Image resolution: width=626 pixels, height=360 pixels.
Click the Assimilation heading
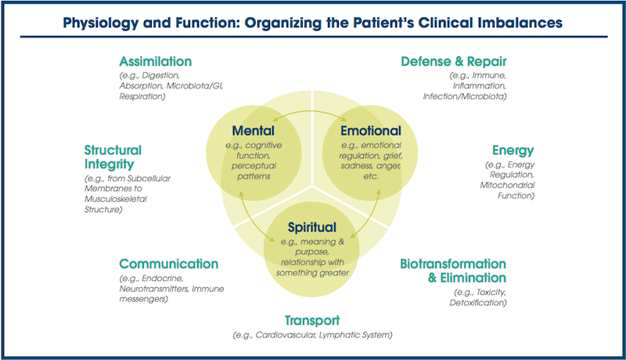[x=155, y=61]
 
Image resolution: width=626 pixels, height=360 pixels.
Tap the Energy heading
[x=513, y=149]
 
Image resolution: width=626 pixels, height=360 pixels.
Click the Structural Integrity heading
[x=113, y=157]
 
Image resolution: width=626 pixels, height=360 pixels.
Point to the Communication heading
[x=168, y=264]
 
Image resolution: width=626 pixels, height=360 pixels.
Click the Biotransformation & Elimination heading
[x=453, y=271]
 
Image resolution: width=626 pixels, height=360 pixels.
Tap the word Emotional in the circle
[x=370, y=131]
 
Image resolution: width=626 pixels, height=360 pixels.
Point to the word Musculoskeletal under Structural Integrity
[x=120, y=200]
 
